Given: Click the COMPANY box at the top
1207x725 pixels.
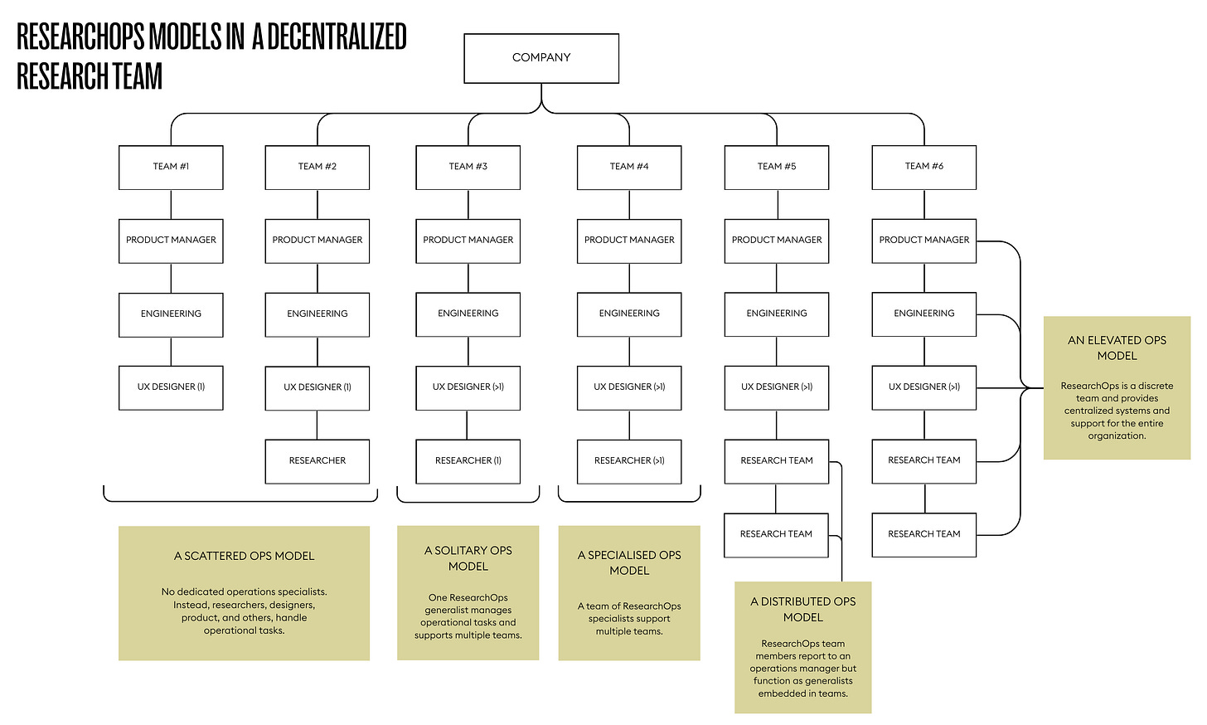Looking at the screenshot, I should [541, 58].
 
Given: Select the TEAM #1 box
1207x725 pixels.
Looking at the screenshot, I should [171, 167].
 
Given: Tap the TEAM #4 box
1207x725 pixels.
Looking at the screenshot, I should [629, 167].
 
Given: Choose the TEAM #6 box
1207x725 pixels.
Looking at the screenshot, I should [923, 167].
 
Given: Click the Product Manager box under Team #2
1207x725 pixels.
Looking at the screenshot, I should [318, 241].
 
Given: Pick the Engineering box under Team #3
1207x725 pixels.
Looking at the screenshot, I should [468, 314].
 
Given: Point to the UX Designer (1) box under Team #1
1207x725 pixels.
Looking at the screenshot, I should [171, 387].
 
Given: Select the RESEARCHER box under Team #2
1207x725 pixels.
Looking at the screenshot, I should [318, 461].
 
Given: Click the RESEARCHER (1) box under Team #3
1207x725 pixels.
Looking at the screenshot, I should [468, 461].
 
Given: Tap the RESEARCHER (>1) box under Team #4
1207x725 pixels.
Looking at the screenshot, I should [629, 461].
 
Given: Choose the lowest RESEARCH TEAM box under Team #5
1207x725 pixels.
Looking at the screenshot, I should [776, 534].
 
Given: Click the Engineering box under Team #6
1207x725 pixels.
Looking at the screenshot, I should [923, 314].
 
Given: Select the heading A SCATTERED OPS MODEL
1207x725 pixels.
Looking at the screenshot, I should [244, 556].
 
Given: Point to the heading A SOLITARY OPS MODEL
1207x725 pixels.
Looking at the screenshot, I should [468, 558].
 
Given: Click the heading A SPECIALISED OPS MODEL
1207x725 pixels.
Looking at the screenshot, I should [629, 562].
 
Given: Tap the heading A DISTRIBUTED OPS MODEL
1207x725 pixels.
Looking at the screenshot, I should [802, 609].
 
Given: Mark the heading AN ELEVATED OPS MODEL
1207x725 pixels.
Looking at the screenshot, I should [1117, 348].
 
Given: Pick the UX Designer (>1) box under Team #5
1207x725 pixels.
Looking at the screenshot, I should [776, 387].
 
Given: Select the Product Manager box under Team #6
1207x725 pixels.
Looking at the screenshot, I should [923, 241].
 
